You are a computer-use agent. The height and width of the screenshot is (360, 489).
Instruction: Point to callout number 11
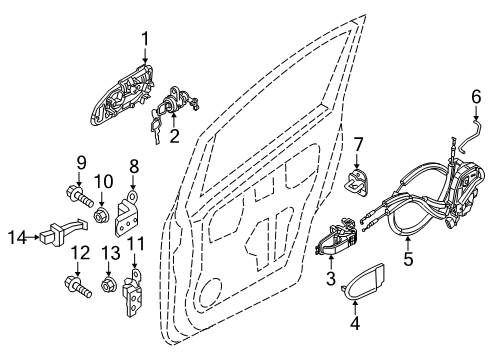click(x=135, y=243)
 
